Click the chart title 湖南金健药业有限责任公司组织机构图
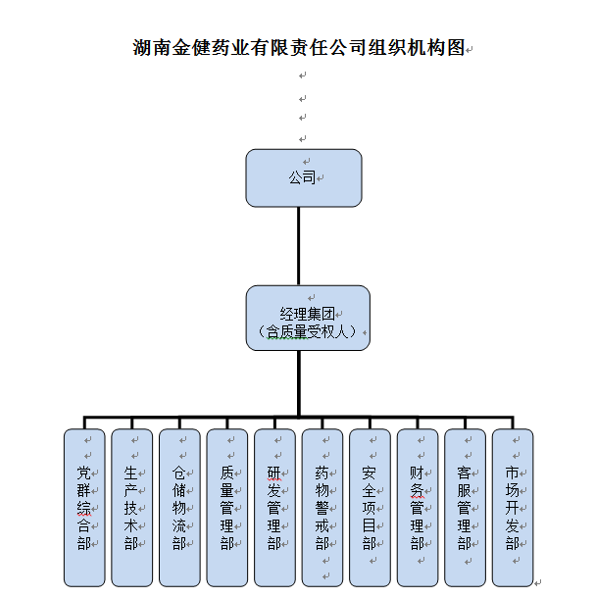tap(299, 48)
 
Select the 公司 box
tap(304, 178)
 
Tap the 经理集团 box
tap(308, 318)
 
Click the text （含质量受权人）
tap(308, 331)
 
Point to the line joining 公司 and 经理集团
tap(299, 246)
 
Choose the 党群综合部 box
tap(84, 508)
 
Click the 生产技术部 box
tap(132, 508)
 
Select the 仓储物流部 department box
tap(179, 508)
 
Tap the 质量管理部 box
tap(227, 508)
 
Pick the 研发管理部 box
tap(274, 508)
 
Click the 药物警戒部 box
tap(322, 508)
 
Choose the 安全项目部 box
tap(370, 508)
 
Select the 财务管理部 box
tap(418, 508)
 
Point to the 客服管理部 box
tap(466, 508)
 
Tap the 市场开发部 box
tap(513, 508)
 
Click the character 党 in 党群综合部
tap(83, 473)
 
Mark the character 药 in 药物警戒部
tap(322, 473)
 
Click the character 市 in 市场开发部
tap(512, 473)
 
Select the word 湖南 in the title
tap(152, 48)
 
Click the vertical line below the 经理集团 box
tap(299, 383)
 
